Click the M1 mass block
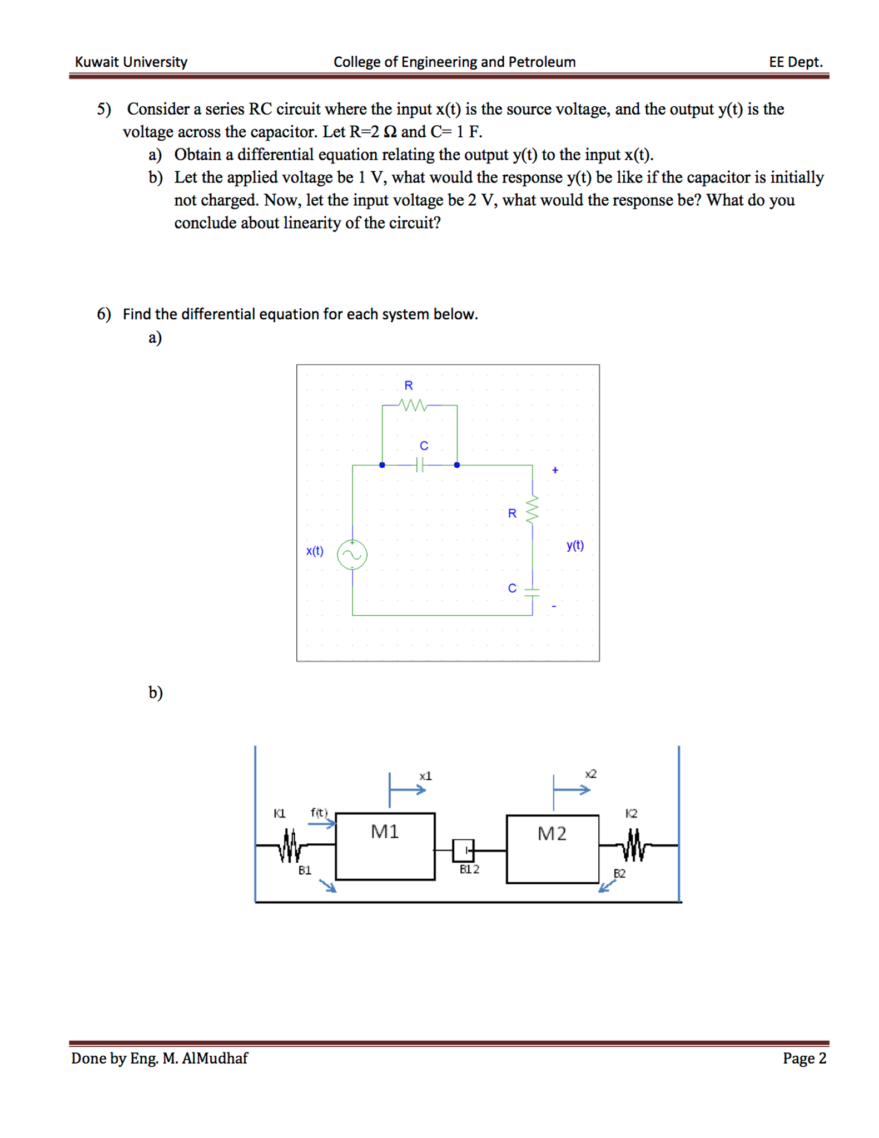click(385, 845)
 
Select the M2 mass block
click(552, 848)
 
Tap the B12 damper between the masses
click(463, 849)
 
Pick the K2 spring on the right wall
click(634, 845)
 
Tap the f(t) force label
click(319, 812)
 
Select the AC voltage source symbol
click(352, 554)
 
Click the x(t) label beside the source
click(315, 551)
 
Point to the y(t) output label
click(575, 545)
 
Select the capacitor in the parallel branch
click(420, 464)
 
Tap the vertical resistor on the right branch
click(532, 509)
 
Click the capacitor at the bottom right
click(532, 592)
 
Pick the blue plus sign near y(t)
click(555, 470)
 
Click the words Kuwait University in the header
click(131, 62)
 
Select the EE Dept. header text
click(795, 62)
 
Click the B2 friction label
click(619, 873)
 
